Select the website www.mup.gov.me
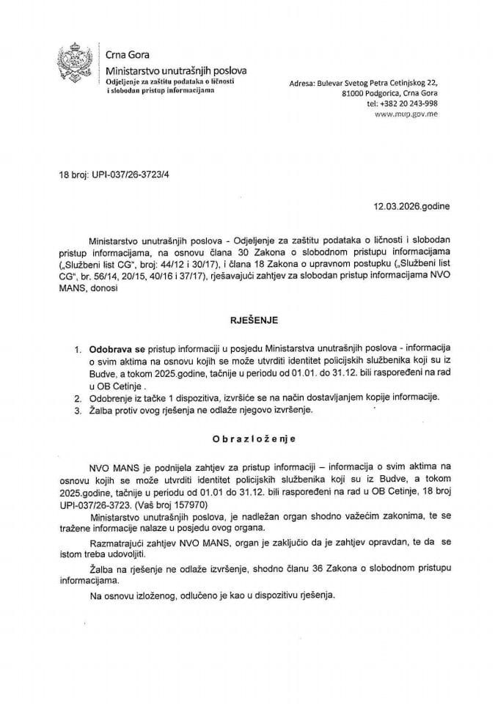coord(407,114)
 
